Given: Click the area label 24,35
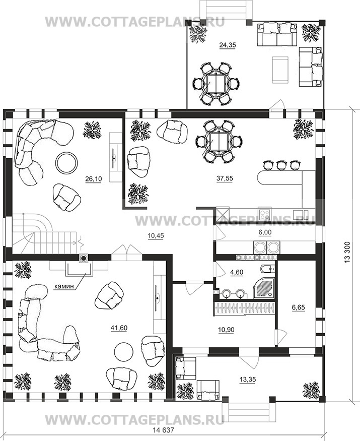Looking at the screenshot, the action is [x=228, y=45].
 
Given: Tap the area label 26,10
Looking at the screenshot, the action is [x=93, y=178].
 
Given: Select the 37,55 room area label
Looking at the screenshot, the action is [x=225, y=178].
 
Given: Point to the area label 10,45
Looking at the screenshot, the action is [x=156, y=236].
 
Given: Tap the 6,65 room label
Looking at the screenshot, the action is [x=298, y=307].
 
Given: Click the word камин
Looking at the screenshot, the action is [x=64, y=286].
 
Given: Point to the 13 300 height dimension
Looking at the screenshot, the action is [x=347, y=253].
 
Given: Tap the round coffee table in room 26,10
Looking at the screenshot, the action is [x=67, y=163].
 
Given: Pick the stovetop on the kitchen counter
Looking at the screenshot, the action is [x=265, y=214].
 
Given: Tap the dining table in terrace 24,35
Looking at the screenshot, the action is [x=215, y=84].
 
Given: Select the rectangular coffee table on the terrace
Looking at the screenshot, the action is [x=280, y=70].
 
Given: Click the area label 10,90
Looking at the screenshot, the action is [x=226, y=329].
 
